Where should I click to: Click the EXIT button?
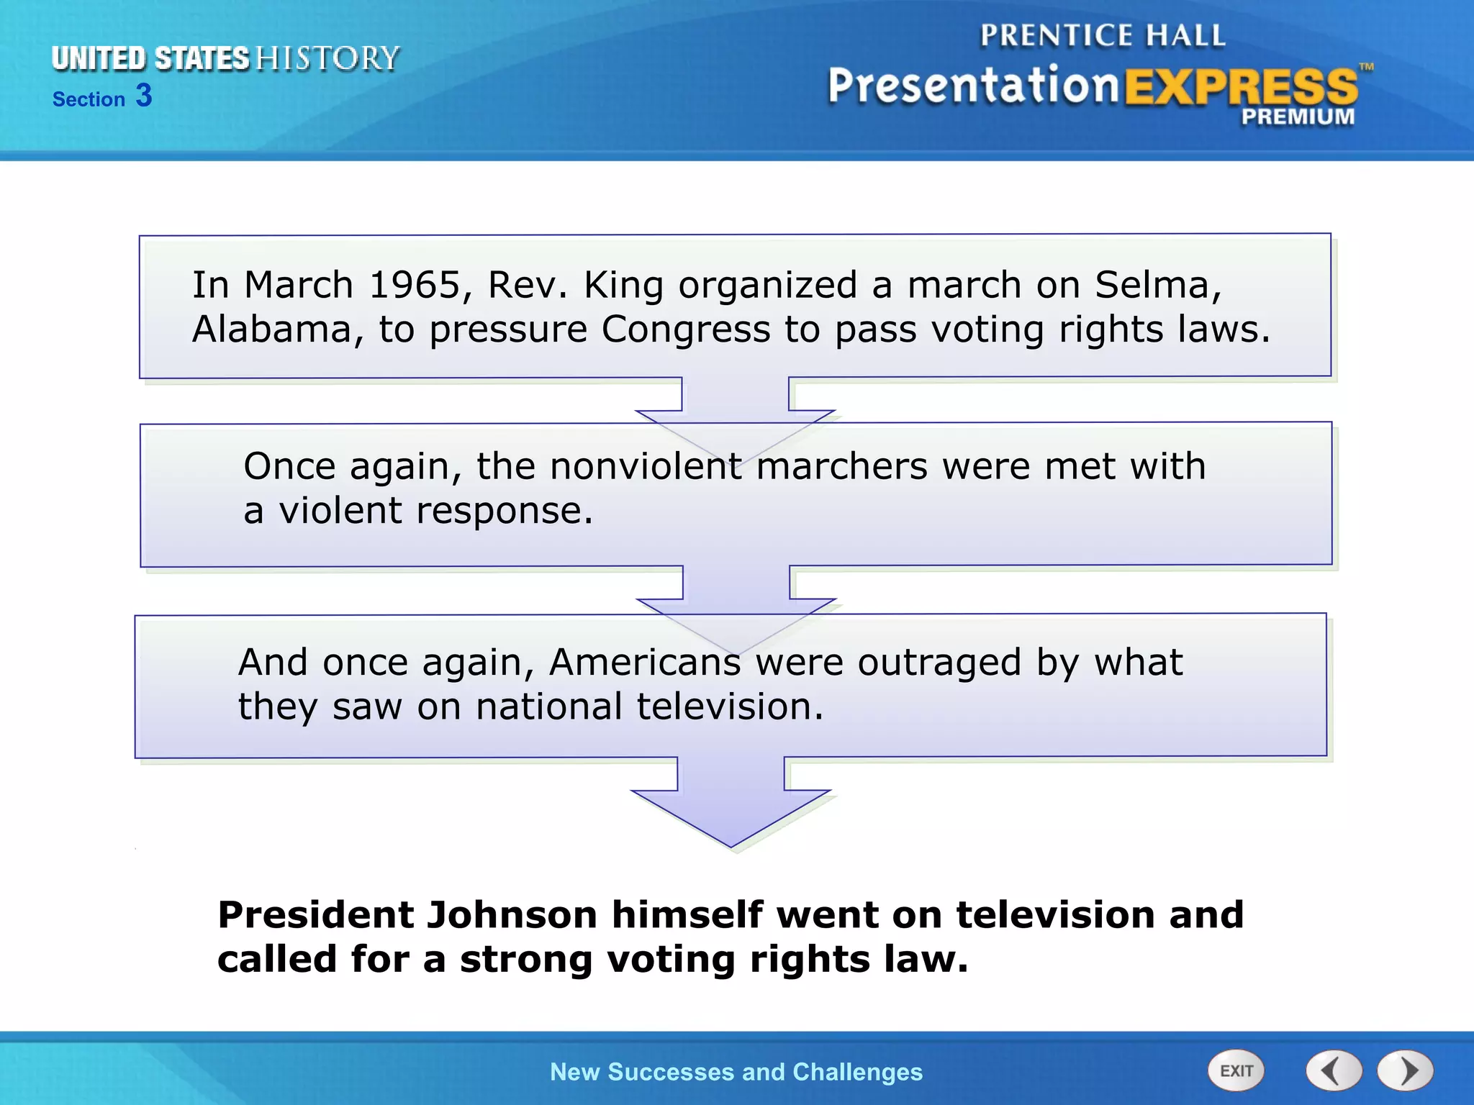pyautogui.click(x=1236, y=1070)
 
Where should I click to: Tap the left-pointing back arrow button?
pyautogui.click(x=1334, y=1070)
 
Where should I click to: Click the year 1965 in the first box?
pyautogui.click(x=415, y=285)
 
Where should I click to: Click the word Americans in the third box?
pyautogui.click(x=644, y=662)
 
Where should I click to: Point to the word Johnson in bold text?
pyautogui.click(x=512, y=915)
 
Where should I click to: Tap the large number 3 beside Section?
pyautogui.click(x=144, y=96)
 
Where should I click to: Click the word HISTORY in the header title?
pyautogui.click(x=327, y=58)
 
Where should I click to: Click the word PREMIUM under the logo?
pyautogui.click(x=1297, y=117)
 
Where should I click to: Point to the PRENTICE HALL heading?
pyautogui.click(x=1102, y=35)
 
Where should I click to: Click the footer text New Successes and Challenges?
pyautogui.click(x=736, y=1072)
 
